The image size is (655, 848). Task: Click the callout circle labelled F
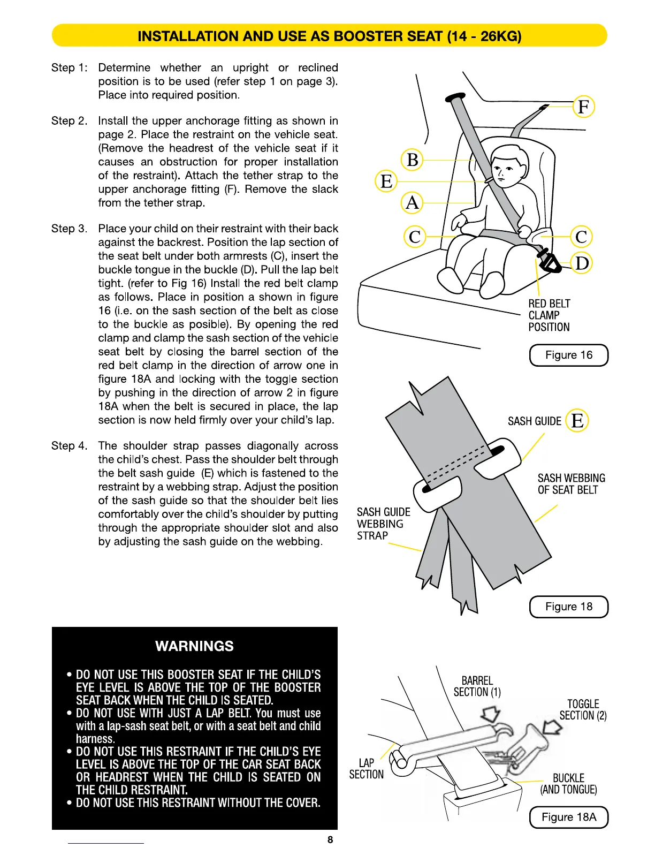[583, 107]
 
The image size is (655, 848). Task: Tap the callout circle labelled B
[413, 160]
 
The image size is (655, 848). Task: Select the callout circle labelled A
[412, 203]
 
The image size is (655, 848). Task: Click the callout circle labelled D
[582, 263]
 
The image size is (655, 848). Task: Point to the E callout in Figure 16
[386, 181]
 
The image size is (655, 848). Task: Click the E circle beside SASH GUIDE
[577, 421]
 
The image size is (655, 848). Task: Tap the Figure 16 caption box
[569, 355]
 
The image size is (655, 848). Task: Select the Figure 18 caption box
[569, 607]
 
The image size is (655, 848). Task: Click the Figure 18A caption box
[569, 817]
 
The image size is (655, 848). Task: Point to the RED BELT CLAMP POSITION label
[549, 315]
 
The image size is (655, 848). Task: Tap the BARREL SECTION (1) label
[477, 686]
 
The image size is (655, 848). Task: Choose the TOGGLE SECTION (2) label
[583, 710]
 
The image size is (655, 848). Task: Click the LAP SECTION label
[367, 769]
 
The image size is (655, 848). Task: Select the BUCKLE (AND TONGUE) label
[568, 784]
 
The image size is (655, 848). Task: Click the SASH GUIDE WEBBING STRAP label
[383, 524]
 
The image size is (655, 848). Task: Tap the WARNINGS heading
[194, 646]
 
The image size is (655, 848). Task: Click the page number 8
[330, 839]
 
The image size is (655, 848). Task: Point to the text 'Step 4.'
[69, 446]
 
